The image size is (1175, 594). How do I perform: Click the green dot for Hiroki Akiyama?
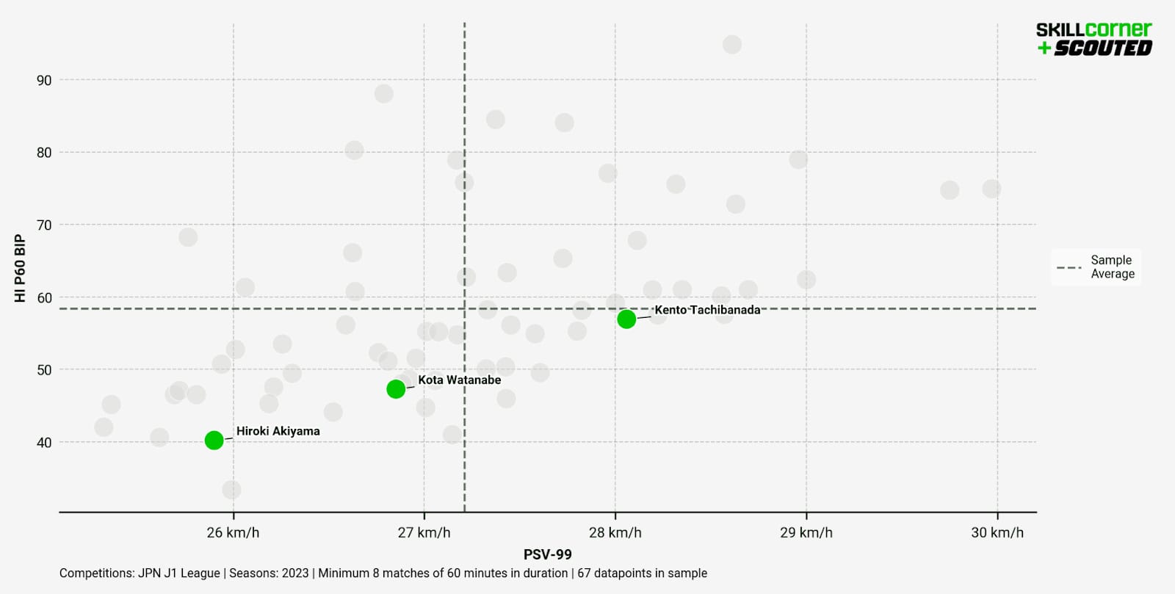coord(214,441)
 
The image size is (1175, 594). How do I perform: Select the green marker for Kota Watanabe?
coord(396,389)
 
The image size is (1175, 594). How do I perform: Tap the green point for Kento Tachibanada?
coord(626,319)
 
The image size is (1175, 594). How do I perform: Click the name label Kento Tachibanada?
coord(707,310)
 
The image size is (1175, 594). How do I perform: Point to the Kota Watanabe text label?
coord(459,380)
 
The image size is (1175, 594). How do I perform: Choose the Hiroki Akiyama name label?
coord(278,431)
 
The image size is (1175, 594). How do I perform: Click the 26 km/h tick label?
coord(233,532)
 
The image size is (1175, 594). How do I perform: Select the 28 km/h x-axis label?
coord(615,532)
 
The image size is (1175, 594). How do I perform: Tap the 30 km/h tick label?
coord(997,532)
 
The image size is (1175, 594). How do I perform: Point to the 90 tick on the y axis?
coord(44,80)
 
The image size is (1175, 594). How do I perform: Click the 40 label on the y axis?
coord(44,442)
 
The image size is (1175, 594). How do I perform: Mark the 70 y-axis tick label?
coord(44,225)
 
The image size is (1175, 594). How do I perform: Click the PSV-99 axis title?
coord(547,554)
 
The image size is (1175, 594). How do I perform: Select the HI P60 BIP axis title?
coord(20,268)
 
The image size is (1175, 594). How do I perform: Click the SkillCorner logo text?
coord(1093,29)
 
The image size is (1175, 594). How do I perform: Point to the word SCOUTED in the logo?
coord(1102,48)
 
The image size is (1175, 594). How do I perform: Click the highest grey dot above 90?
coord(731,45)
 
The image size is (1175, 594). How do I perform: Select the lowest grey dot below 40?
coord(231,490)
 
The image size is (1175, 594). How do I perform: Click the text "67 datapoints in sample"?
coord(642,573)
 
